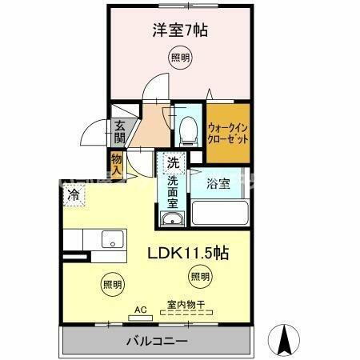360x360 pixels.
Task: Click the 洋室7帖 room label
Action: pos(180,31)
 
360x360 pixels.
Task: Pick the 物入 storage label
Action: pos(117,166)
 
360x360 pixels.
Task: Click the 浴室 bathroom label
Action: pos(218,183)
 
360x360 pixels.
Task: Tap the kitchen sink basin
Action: pos(110,239)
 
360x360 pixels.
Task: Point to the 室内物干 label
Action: pos(186,304)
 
